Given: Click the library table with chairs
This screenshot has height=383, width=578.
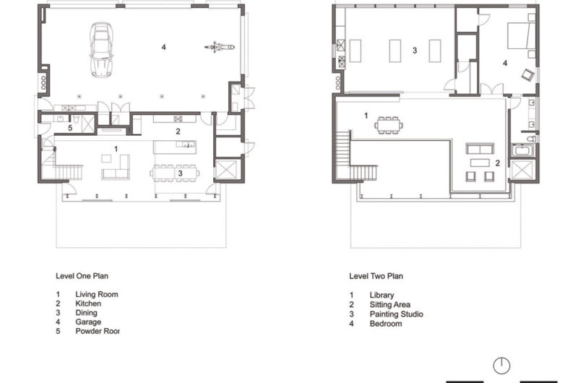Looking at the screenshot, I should (x=389, y=125).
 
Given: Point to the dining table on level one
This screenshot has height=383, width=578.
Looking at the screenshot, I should (x=173, y=173).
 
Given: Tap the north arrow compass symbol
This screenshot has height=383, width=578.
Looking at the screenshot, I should (x=502, y=365).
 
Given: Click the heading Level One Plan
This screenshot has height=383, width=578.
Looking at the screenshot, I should (x=82, y=275).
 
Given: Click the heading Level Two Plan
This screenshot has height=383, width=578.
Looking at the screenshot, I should (x=376, y=275).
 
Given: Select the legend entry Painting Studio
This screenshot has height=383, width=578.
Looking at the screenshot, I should (x=396, y=314).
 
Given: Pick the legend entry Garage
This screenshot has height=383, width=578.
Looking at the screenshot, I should (x=87, y=322).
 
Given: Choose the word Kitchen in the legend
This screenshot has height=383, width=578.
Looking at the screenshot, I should (x=88, y=304).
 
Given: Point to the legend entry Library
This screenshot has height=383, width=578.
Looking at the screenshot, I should (x=381, y=295).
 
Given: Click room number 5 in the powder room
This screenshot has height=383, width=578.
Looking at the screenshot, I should (x=70, y=128).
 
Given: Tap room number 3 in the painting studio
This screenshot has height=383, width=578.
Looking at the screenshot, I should (x=415, y=51).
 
